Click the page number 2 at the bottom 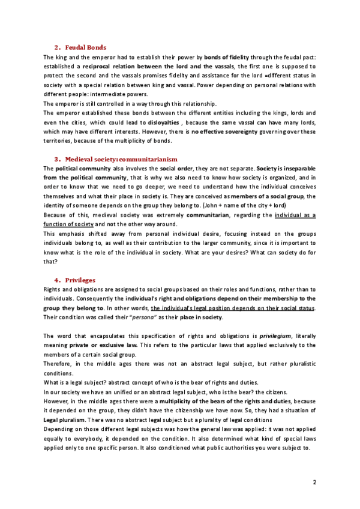point(314,482)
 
